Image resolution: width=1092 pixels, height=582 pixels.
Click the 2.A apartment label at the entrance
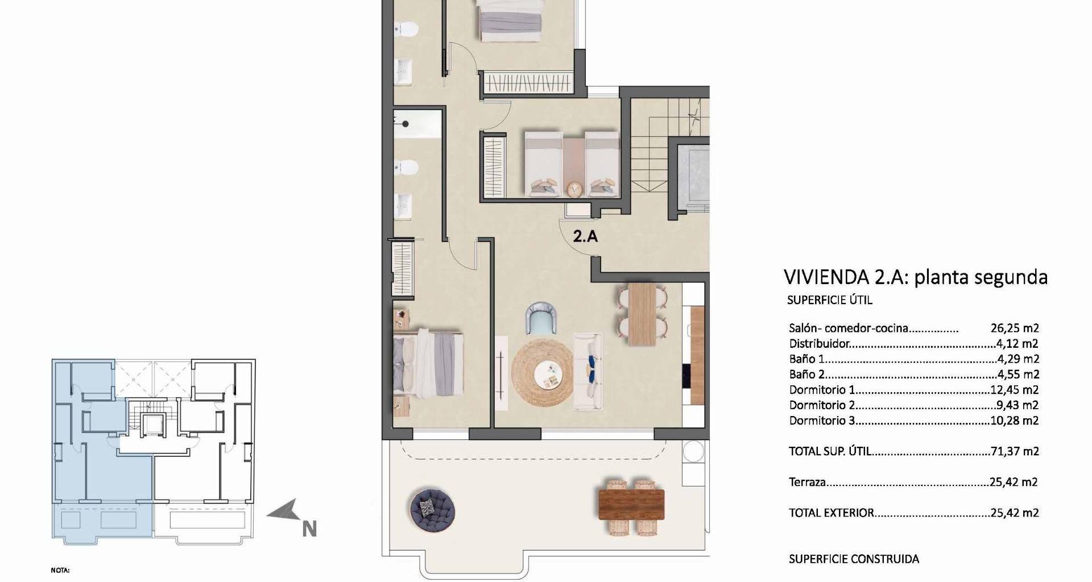coord(585,236)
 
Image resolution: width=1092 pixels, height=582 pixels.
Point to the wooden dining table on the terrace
coord(631,504)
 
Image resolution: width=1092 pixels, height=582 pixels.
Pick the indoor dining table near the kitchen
coord(643,314)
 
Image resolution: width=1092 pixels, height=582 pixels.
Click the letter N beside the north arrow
coord(309,529)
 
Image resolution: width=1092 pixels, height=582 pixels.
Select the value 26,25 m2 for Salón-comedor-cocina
coord(1015,328)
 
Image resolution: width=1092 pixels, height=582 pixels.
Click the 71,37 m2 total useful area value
coord(1015,451)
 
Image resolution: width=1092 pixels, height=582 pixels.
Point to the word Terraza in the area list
coord(807,482)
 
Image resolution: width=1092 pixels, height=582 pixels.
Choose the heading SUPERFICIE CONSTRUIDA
coord(854,559)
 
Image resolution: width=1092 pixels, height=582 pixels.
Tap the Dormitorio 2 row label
coord(822,405)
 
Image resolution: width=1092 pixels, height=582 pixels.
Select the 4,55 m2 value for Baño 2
coord(1018,375)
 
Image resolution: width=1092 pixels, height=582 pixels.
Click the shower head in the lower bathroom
coord(406,123)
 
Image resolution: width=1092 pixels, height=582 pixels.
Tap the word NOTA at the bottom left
coord(60,570)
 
